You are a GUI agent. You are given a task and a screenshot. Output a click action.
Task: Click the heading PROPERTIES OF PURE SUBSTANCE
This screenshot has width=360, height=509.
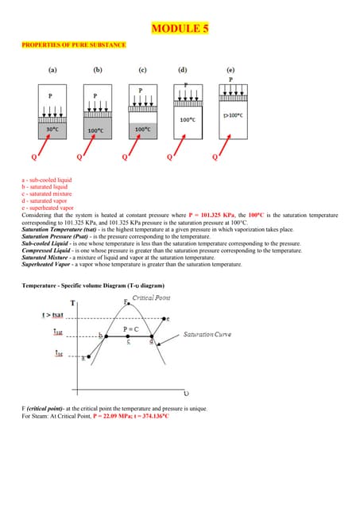click(x=73, y=45)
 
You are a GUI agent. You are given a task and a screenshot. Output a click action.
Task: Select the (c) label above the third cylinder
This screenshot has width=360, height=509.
click(x=141, y=70)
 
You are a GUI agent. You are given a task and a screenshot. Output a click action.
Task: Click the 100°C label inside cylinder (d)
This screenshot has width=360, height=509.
click(x=188, y=119)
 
